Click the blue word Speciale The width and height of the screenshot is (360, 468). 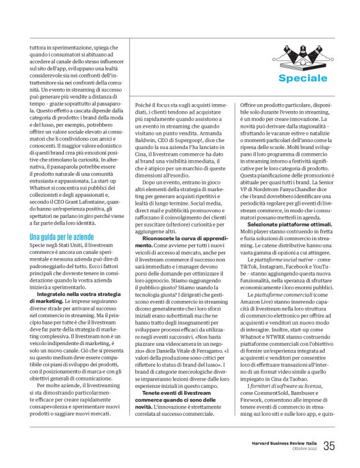point(302,78)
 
